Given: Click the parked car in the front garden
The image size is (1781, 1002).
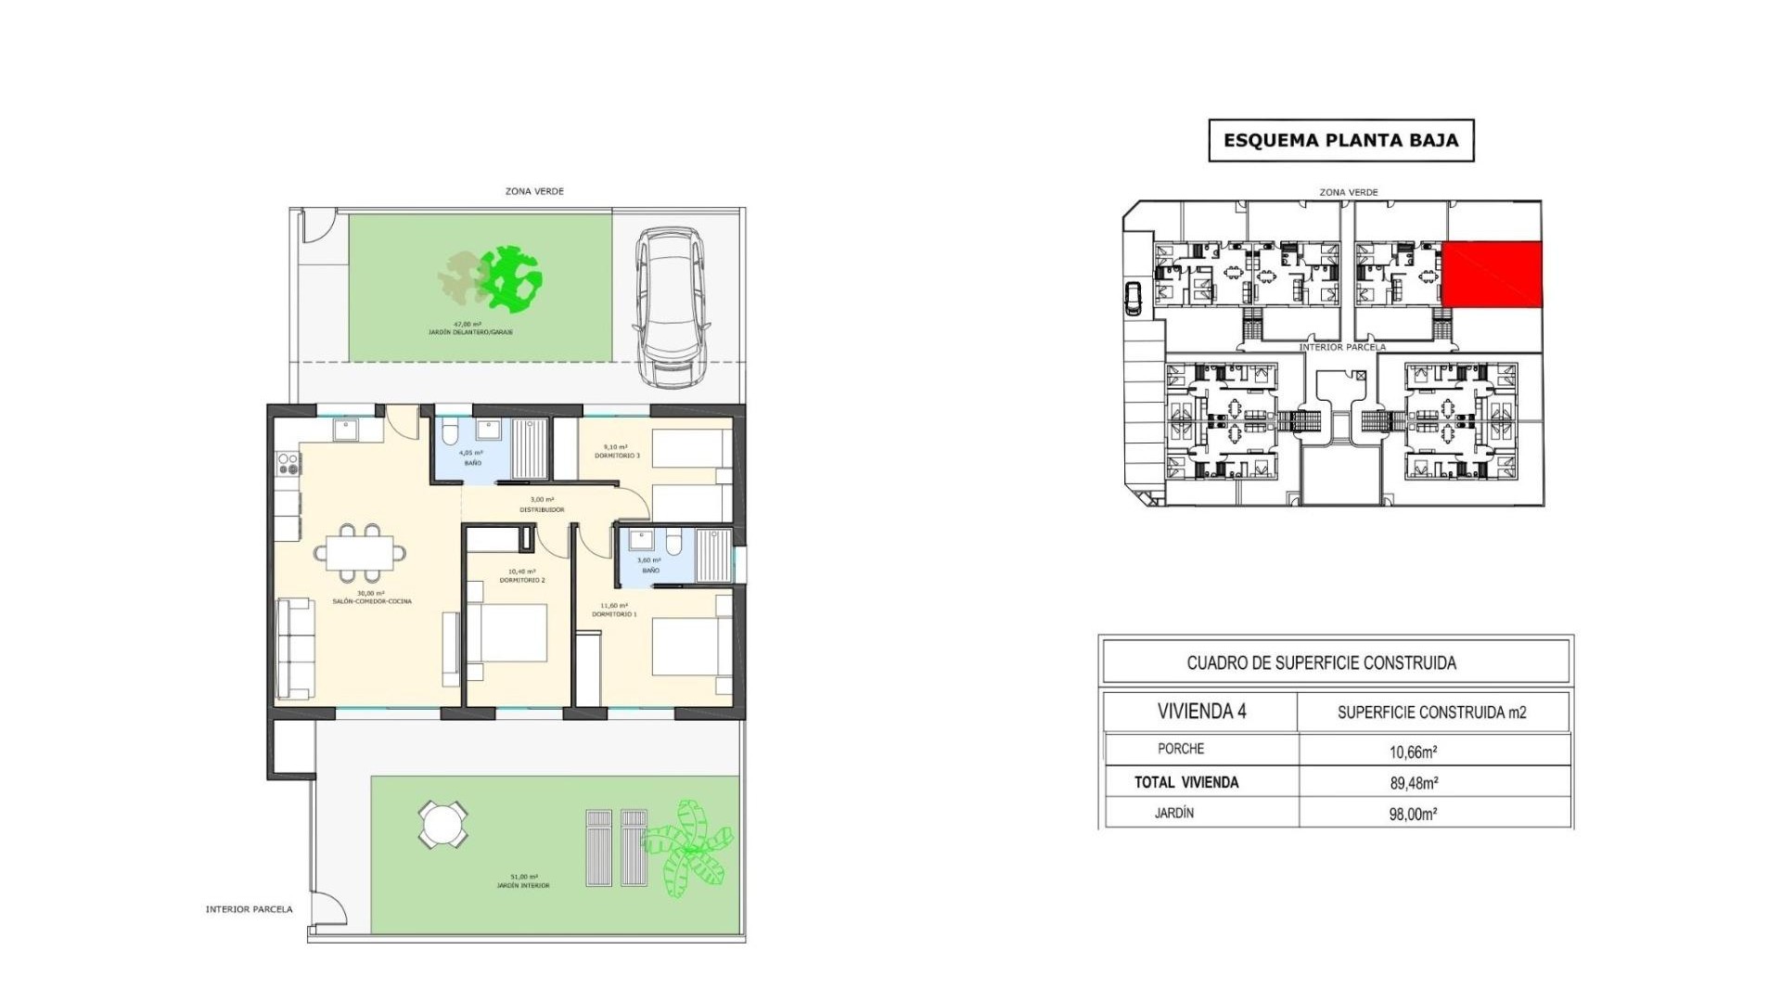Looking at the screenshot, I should (671, 308).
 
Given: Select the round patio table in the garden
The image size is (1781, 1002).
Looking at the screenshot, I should (442, 824).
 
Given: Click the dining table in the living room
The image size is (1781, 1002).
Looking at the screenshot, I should (360, 551).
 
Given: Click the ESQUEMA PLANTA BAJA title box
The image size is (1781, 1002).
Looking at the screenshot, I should (1340, 141).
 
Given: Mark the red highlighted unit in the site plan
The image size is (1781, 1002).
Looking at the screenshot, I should (1492, 275).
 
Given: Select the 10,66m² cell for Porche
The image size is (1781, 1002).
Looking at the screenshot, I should (1413, 752).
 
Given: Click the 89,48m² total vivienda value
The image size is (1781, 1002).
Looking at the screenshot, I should (1413, 783).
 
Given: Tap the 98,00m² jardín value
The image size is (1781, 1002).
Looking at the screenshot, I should (1413, 815).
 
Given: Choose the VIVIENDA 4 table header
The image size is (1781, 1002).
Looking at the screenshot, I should (1201, 712).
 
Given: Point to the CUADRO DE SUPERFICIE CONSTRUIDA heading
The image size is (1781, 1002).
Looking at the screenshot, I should (1321, 662).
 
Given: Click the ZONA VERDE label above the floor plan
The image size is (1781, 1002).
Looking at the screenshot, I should (534, 191).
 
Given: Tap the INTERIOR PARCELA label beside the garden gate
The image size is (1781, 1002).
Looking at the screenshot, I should (249, 909).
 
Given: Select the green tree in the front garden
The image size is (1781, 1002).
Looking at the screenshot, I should (511, 277).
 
